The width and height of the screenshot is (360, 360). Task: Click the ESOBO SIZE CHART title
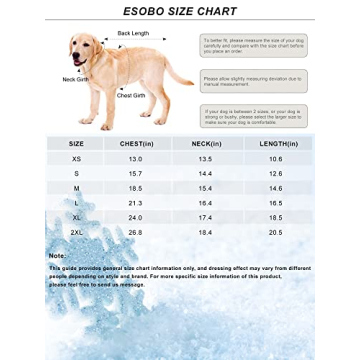[x=179, y=11]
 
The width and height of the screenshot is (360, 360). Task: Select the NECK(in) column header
[x=207, y=144]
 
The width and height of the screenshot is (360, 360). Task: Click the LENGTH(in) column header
[x=275, y=144]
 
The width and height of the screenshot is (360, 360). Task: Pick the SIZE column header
[x=76, y=144]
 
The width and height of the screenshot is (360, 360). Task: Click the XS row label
[x=76, y=159]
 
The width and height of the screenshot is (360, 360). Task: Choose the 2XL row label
[x=76, y=231]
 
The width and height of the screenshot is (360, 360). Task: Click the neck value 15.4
[x=207, y=188]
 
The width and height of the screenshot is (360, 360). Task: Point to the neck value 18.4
[x=207, y=231]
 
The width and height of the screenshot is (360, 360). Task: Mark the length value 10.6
[x=275, y=159]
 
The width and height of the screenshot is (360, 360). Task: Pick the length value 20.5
[x=275, y=231]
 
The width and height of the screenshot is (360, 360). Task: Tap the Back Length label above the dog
[x=132, y=33]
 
